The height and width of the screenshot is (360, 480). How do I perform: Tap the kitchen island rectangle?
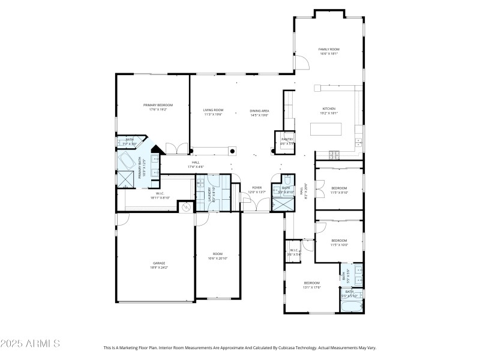325,130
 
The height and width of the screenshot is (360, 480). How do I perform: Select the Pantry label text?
287,139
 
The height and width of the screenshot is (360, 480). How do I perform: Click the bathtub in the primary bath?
127,161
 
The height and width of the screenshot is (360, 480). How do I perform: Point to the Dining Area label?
259,110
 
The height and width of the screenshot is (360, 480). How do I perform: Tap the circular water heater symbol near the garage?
185,207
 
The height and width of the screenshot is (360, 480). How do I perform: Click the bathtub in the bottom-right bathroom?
352,307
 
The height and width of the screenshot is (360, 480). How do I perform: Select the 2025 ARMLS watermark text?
30,344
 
